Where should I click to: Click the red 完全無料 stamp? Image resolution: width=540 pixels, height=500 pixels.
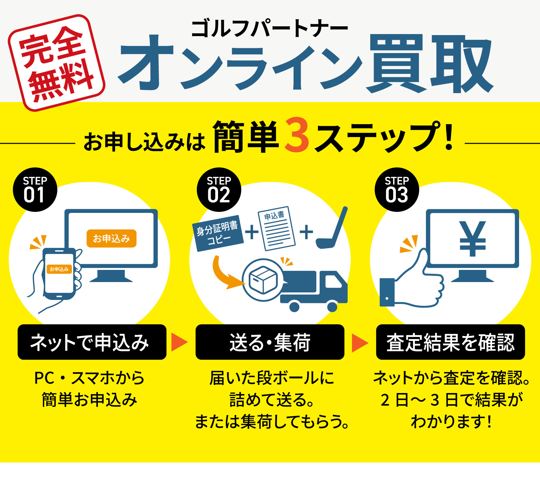click(x=56, y=63)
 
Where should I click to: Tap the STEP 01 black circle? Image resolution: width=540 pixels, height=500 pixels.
click(x=35, y=190)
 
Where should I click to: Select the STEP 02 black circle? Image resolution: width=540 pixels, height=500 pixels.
click(x=219, y=190)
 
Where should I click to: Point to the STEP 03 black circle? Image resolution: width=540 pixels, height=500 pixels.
click(x=397, y=190)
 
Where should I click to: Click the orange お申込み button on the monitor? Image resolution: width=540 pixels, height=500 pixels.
click(x=111, y=239)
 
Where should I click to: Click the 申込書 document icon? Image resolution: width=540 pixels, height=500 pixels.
click(x=276, y=228)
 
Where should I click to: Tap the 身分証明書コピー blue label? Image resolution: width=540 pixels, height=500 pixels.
click(x=218, y=233)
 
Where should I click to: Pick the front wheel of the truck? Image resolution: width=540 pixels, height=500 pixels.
click(x=332, y=306)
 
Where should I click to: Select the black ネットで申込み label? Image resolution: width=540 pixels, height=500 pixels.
click(x=92, y=342)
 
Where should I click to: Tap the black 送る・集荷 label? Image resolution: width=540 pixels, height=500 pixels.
click(x=270, y=342)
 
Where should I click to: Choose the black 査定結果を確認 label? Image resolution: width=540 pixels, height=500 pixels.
click(x=450, y=342)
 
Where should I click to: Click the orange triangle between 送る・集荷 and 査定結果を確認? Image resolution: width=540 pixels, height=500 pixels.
click(x=359, y=343)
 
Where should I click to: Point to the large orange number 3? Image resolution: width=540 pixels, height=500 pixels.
click(x=297, y=135)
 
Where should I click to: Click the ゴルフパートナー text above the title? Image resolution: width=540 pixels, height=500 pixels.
click(x=269, y=29)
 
